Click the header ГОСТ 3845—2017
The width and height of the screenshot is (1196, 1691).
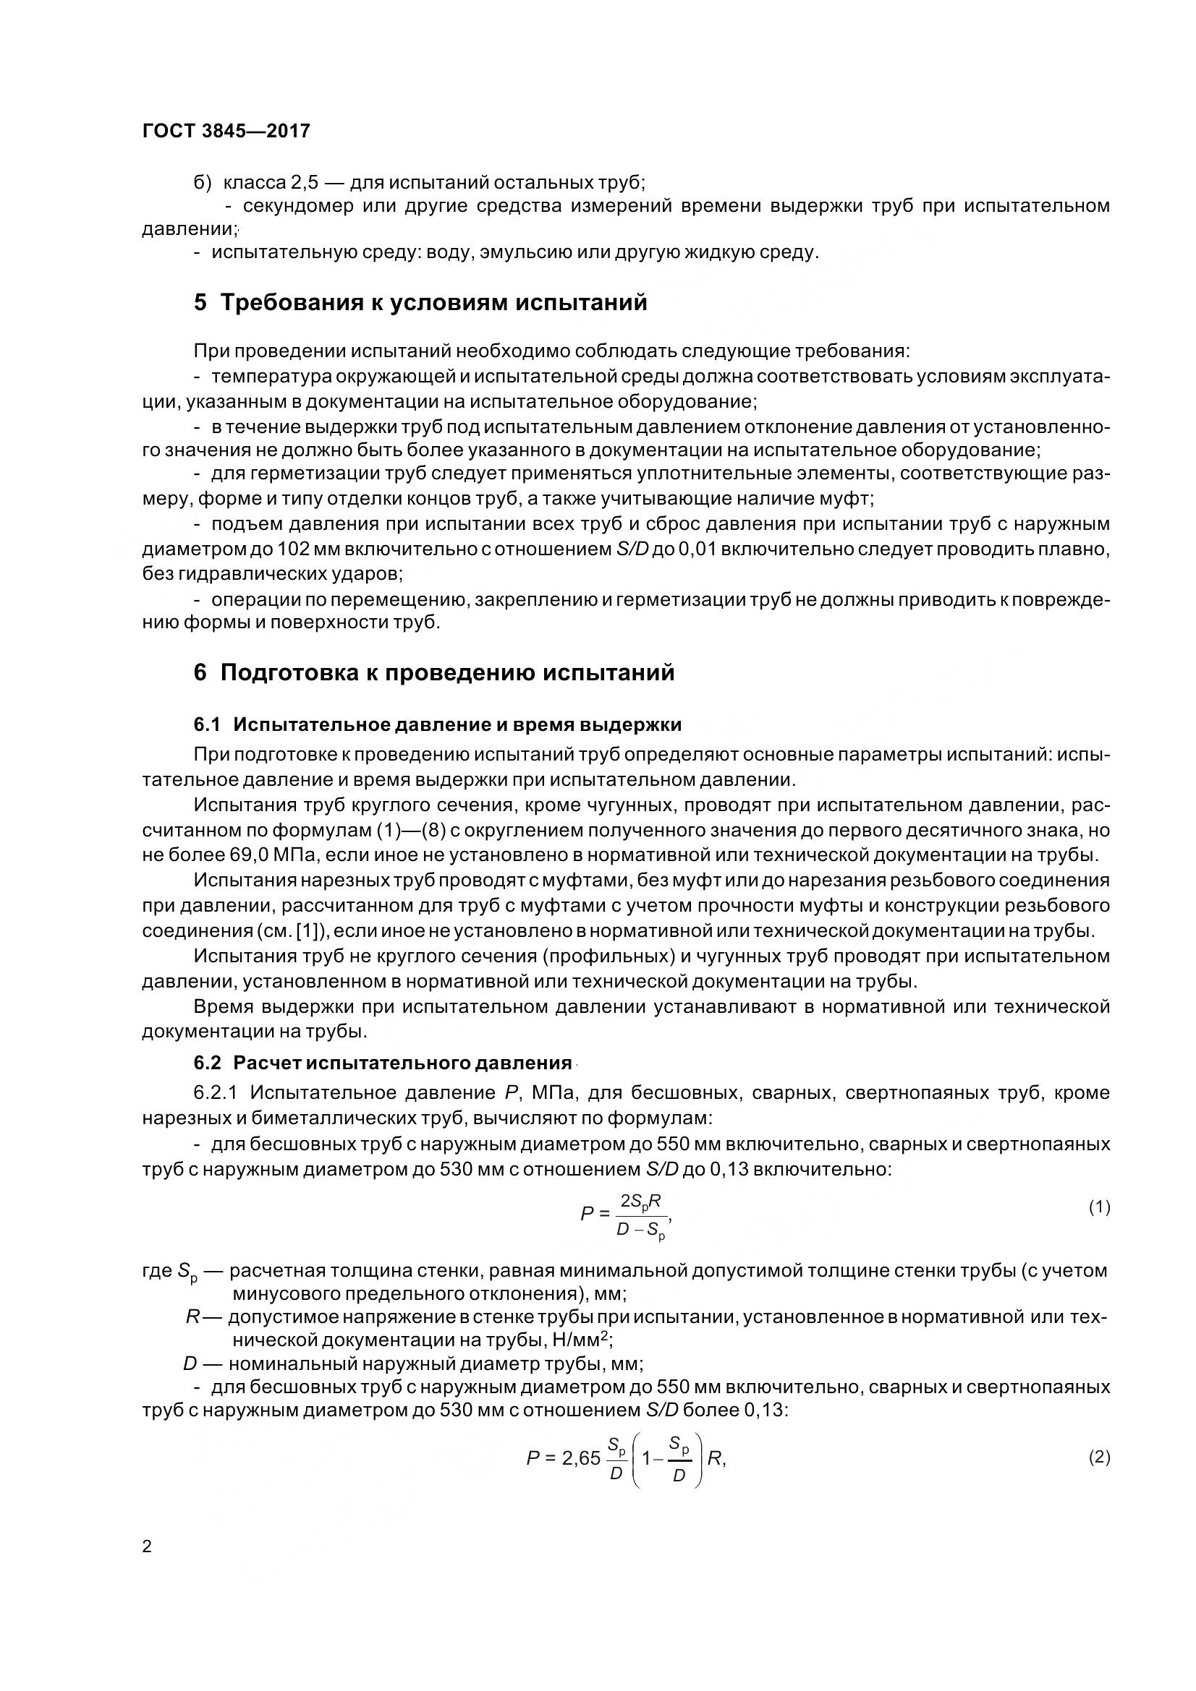tap(226, 131)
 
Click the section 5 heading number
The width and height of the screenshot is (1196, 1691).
tap(200, 303)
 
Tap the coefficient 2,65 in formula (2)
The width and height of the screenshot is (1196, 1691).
tap(582, 1459)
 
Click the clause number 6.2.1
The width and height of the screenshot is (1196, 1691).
tap(216, 1092)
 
